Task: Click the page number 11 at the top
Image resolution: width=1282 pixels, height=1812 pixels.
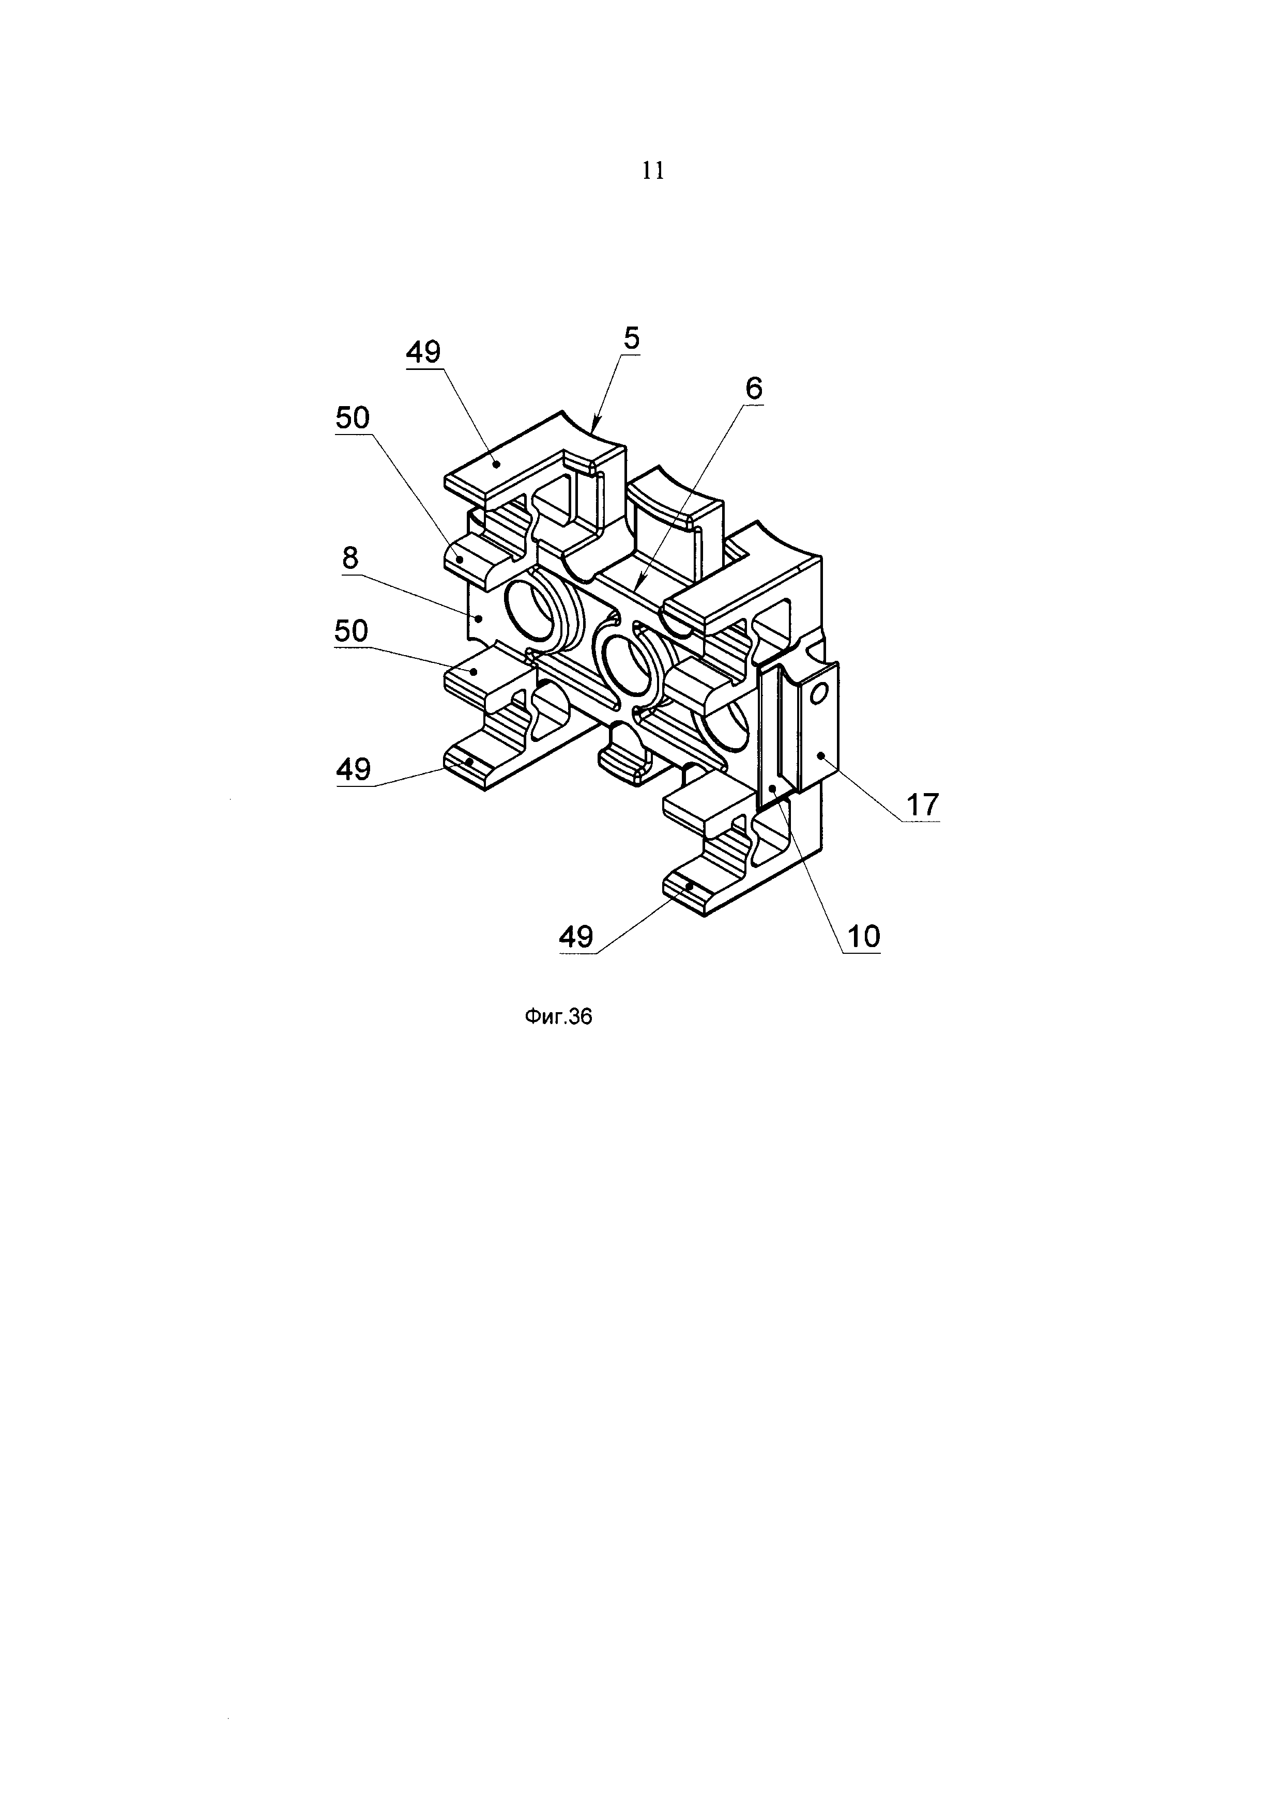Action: coord(653,171)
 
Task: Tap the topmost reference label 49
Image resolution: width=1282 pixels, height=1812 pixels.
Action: coord(423,352)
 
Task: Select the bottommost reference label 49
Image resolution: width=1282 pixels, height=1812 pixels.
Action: coord(575,937)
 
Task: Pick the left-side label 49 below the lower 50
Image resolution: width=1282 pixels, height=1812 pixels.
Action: coord(353,769)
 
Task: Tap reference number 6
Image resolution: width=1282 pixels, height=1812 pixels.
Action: coord(753,389)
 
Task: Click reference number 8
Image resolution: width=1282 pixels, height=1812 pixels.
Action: coord(350,559)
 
